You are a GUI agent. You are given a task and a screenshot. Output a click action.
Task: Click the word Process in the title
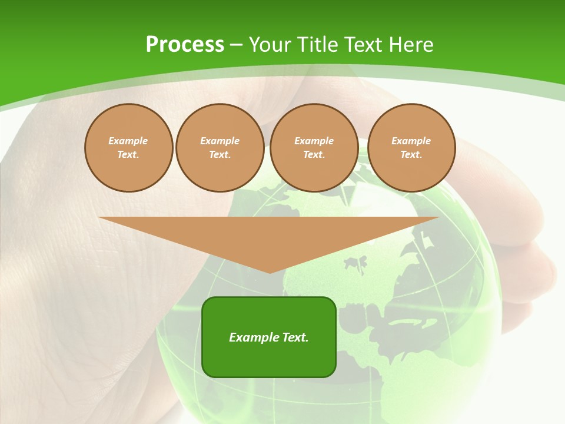pos(185,45)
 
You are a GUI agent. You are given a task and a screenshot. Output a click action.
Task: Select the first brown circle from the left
pos(128,148)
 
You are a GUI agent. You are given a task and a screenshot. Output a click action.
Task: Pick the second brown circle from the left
pos(220,148)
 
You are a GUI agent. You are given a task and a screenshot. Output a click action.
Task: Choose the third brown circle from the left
pos(314,148)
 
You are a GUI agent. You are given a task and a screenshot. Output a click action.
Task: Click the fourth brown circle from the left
pos(411,148)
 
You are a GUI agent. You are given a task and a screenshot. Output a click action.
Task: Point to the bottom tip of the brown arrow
pos(270,272)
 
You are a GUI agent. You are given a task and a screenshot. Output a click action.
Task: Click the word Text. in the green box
pos(295,337)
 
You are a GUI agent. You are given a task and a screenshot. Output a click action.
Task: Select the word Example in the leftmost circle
pos(128,141)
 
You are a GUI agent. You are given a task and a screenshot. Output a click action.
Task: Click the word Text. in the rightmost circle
pos(411,155)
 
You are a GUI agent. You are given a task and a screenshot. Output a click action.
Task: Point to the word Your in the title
pos(270,45)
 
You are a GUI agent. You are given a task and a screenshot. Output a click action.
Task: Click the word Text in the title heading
pos(366,45)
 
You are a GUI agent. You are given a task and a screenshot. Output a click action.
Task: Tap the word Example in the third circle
pos(314,141)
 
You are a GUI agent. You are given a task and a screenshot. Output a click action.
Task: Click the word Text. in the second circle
pos(220,155)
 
